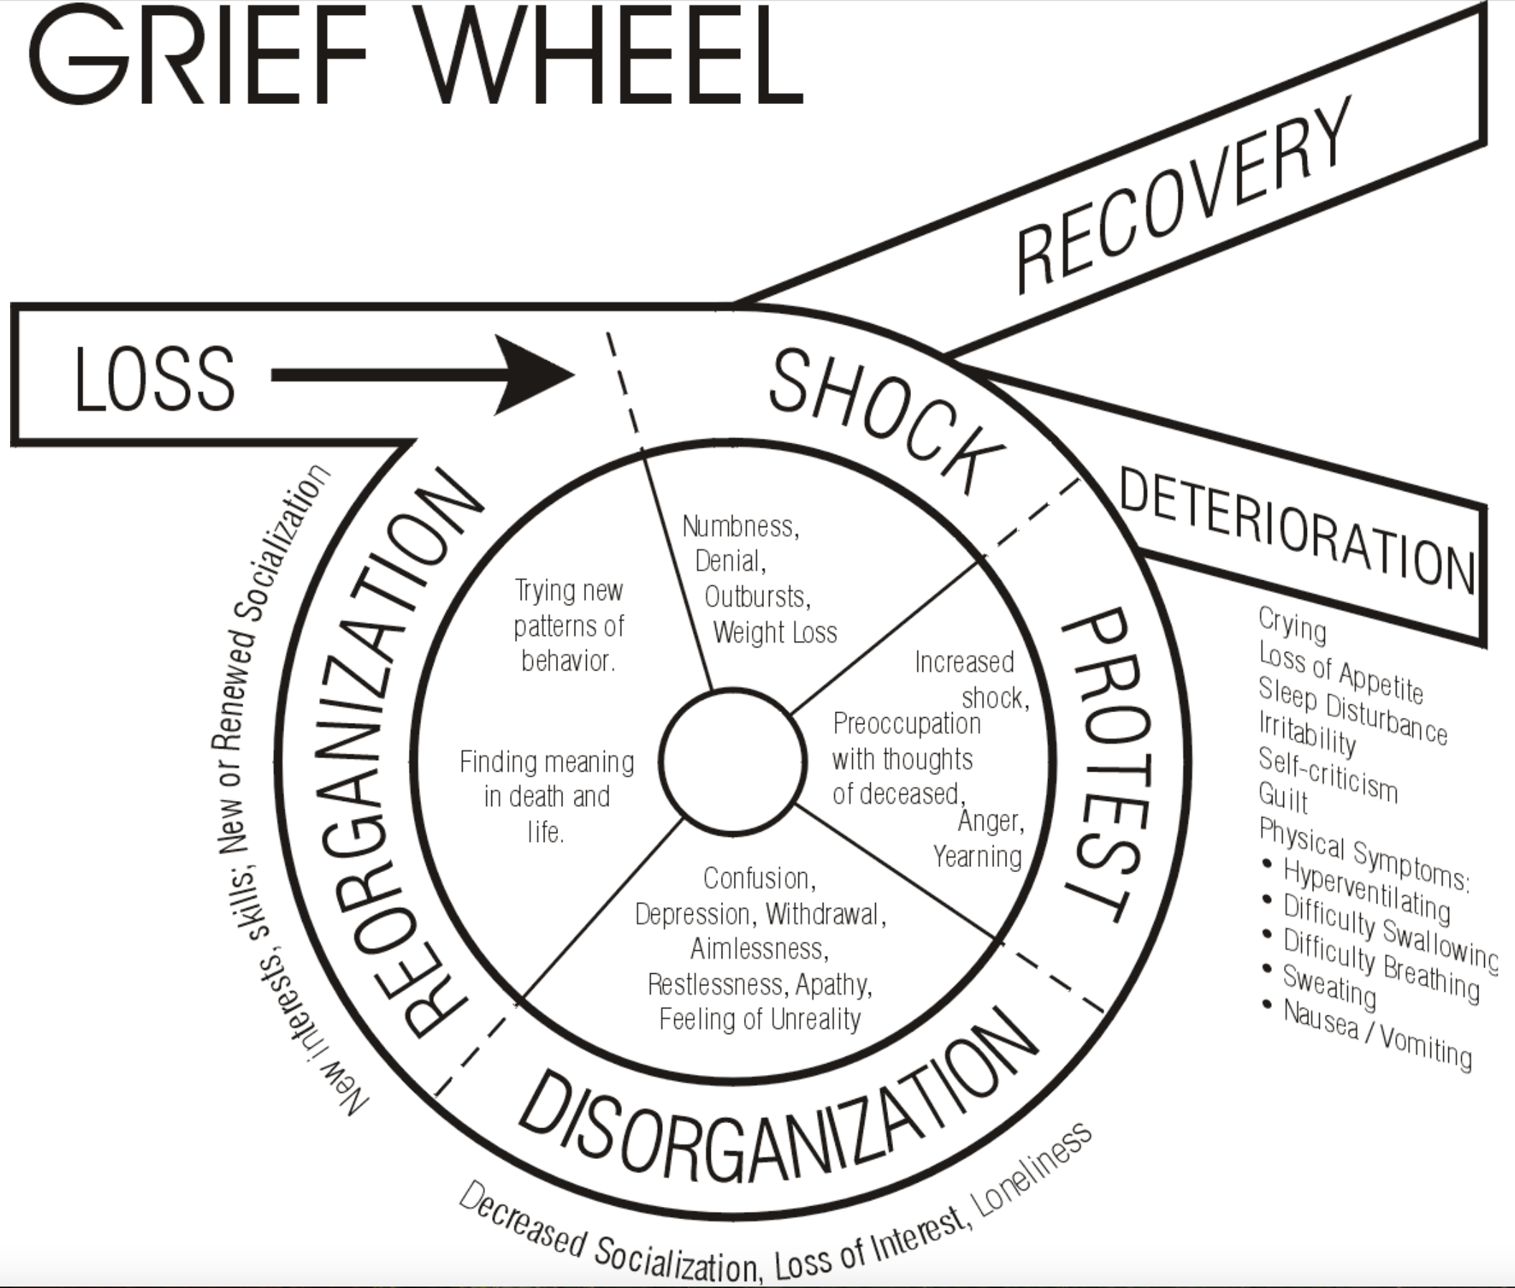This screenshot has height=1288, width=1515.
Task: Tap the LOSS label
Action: (154, 378)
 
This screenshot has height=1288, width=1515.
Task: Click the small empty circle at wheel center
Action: (732, 762)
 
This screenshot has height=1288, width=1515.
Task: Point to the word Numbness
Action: (740, 526)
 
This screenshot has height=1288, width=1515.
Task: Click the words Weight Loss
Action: (774, 633)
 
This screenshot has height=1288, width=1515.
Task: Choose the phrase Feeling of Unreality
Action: (760, 1019)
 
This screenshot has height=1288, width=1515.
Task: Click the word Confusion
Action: (759, 879)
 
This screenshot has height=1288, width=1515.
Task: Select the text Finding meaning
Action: (547, 762)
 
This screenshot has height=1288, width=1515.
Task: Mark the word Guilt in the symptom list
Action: (1283, 797)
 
